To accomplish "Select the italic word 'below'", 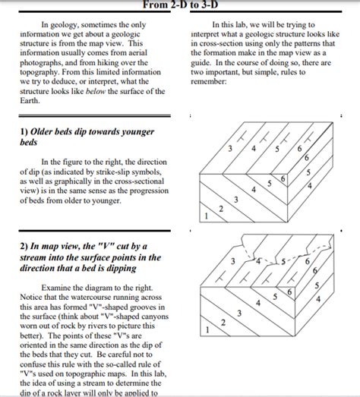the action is coord(96,91).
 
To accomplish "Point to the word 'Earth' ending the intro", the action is coord(29,100).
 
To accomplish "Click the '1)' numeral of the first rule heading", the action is coord(24,131).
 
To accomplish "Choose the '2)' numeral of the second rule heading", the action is coord(24,247).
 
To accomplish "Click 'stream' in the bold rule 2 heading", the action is coord(33,257).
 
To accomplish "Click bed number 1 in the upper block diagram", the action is coord(206,216).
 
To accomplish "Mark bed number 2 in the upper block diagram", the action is coord(221,209).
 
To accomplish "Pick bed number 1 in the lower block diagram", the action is coord(207,330).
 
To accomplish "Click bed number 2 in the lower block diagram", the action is coord(223,323).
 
